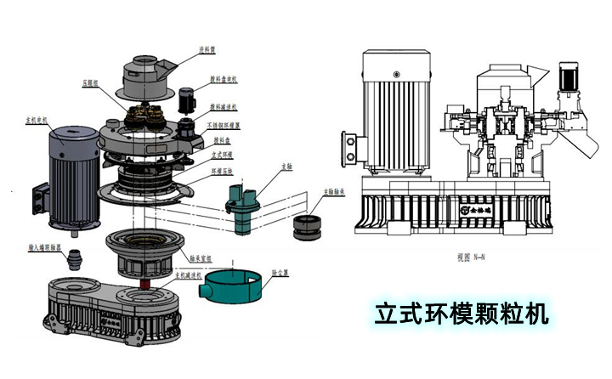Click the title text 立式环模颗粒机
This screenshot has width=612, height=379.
pyautogui.click(x=462, y=312)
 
